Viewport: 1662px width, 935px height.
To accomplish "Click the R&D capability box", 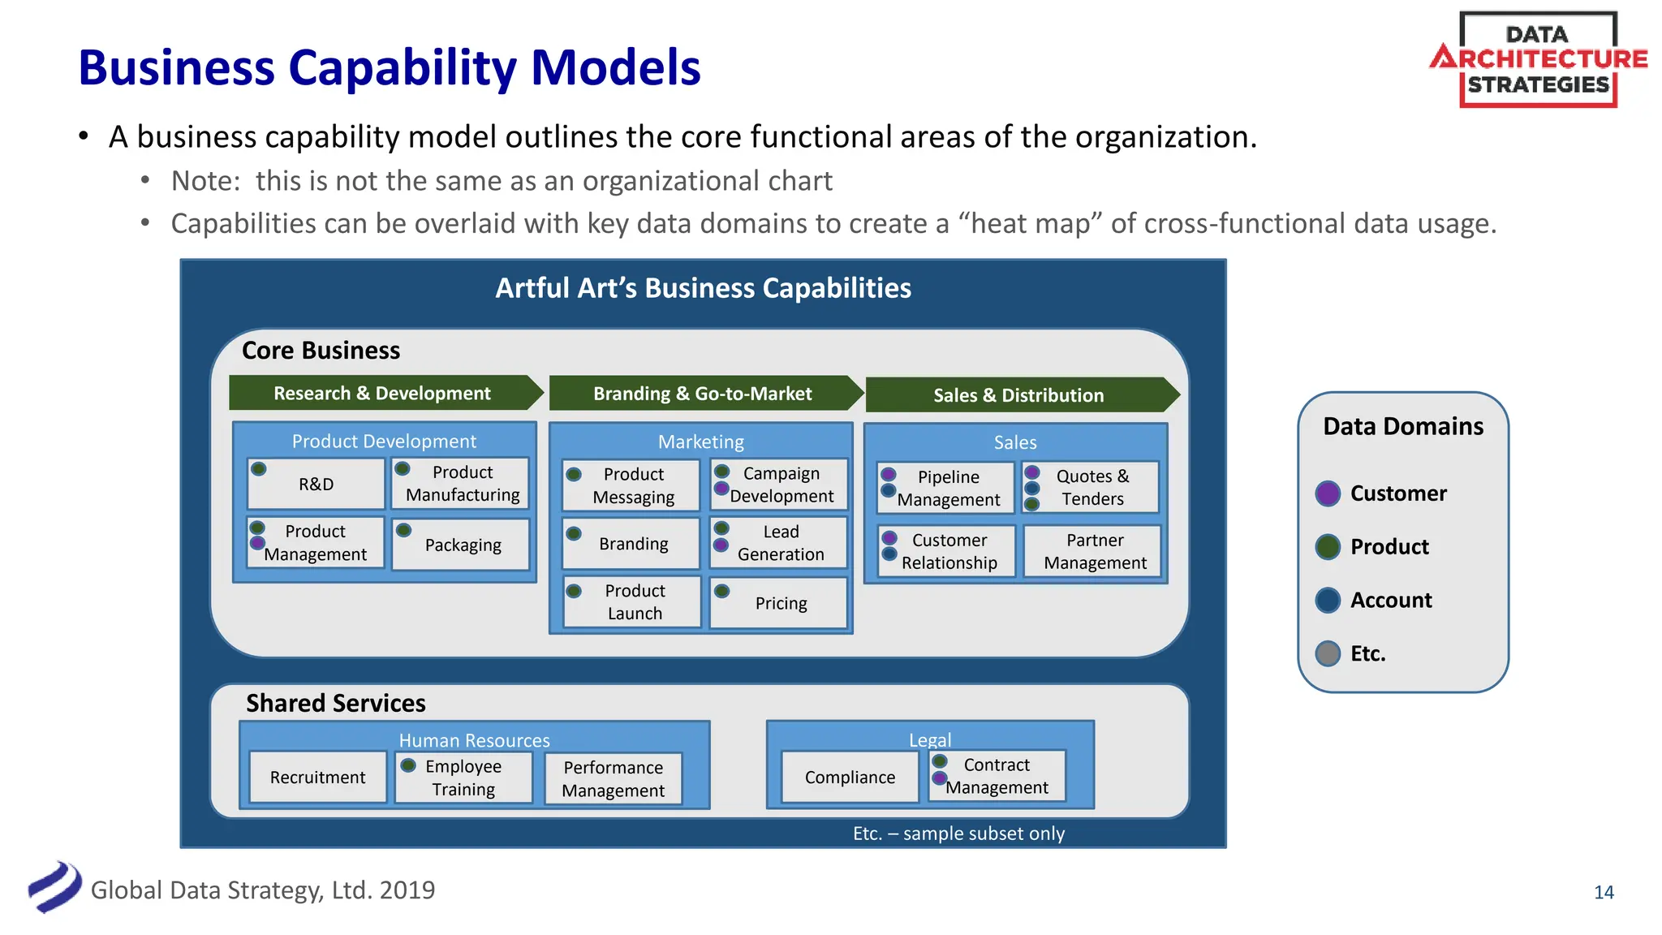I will [x=316, y=484].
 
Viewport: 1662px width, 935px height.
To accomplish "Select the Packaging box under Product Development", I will [x=462, y=545].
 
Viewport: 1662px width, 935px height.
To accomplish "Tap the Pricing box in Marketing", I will [x=780, y=603].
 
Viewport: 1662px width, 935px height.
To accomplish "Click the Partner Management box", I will [x=1094, y=551].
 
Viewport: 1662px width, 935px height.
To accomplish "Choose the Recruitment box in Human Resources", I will [x=317, y=777].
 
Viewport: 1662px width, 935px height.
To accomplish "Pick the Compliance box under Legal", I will [x=850, y=777].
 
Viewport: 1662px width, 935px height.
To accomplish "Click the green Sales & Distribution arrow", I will [x=1018, y=394].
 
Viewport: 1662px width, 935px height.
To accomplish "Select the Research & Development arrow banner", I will [x=381, y=393].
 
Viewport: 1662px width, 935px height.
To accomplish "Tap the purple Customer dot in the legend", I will [x=1328, y=493].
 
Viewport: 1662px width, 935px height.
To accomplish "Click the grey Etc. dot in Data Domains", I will [x=1328, y=653].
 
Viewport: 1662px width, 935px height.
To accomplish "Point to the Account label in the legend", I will [x=1390, y=600].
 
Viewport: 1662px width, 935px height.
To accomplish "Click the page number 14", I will [x=1604, y=892].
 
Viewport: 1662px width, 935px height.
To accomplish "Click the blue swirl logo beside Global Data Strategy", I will [x=55, y=887].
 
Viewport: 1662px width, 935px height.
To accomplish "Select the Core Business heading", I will [x=321, y=350].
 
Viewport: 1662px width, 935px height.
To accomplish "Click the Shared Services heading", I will [x=335, y=703].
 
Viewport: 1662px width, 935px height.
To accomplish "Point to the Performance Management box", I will [x=613, y=778].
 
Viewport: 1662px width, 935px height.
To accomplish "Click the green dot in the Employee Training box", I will [x=409, y=765].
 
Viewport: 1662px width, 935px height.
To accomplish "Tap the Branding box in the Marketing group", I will [x=632, y=543].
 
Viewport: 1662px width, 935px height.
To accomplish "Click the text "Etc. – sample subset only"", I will [x=958, y=834].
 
